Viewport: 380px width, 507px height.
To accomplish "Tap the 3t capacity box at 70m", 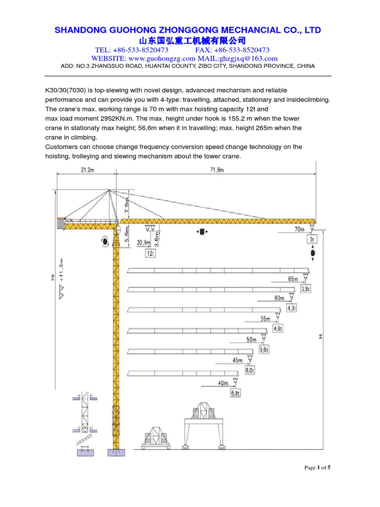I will click(312, 239).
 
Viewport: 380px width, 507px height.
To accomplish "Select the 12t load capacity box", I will click(150, 253).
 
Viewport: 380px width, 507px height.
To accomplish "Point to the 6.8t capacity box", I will click(236, 393).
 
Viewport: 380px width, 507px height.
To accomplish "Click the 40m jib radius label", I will click(223, 383).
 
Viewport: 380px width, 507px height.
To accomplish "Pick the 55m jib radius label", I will click(266, 319).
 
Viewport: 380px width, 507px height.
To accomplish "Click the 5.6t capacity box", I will click(265, 350).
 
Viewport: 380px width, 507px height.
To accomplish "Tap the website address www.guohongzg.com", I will click(155, 58).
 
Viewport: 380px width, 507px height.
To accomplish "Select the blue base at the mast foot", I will click(116, 452).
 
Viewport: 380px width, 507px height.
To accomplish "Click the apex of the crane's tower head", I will click(110, 191).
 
